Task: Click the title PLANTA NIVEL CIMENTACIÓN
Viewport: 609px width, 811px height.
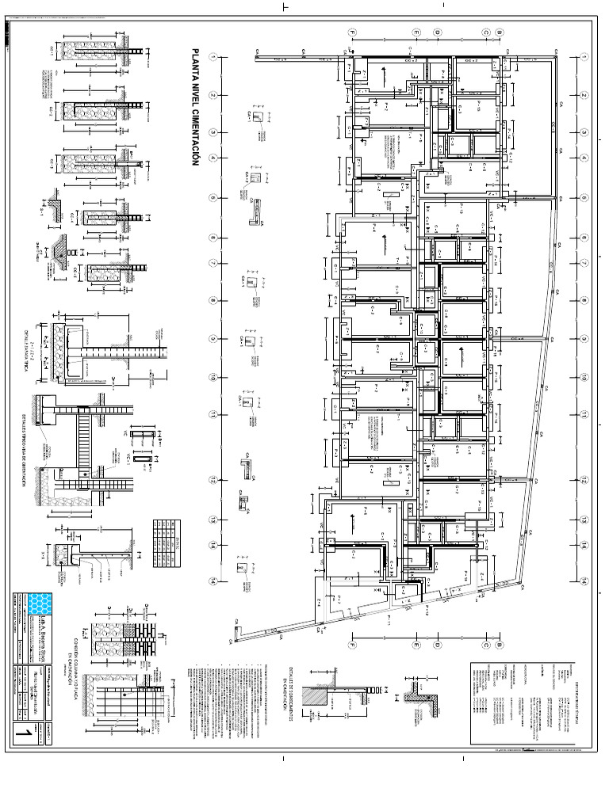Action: [x=194, y=106]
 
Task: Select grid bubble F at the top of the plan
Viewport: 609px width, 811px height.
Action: [x=353, y=32]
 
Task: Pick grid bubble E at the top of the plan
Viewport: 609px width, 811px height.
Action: [x=415, y=32]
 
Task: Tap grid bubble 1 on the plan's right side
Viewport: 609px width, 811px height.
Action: [x=583, y=58]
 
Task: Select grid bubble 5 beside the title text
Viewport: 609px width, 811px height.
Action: [x=213, y=198]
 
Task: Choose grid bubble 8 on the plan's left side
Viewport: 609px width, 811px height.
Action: [x=213, y=301]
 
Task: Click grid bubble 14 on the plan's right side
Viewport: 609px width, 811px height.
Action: [x=583, y=581]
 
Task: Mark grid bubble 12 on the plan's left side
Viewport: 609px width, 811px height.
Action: [x=213, y=480]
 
